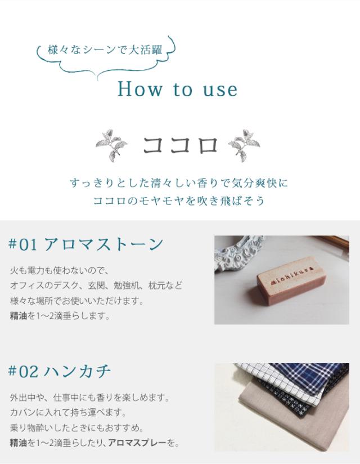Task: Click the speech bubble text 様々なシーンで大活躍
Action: (x=105, y=50)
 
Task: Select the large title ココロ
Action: (x=179, y=145)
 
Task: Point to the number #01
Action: (x=23, y=245)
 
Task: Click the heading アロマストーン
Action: (x=103, y=244)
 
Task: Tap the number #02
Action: (x=23, y=372)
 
